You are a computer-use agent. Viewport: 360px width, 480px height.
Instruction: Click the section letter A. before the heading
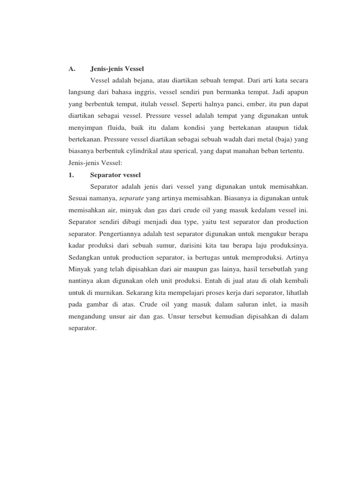72,68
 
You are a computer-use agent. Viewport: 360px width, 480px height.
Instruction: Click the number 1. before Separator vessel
71,175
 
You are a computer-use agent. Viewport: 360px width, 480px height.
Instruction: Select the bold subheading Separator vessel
115,175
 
